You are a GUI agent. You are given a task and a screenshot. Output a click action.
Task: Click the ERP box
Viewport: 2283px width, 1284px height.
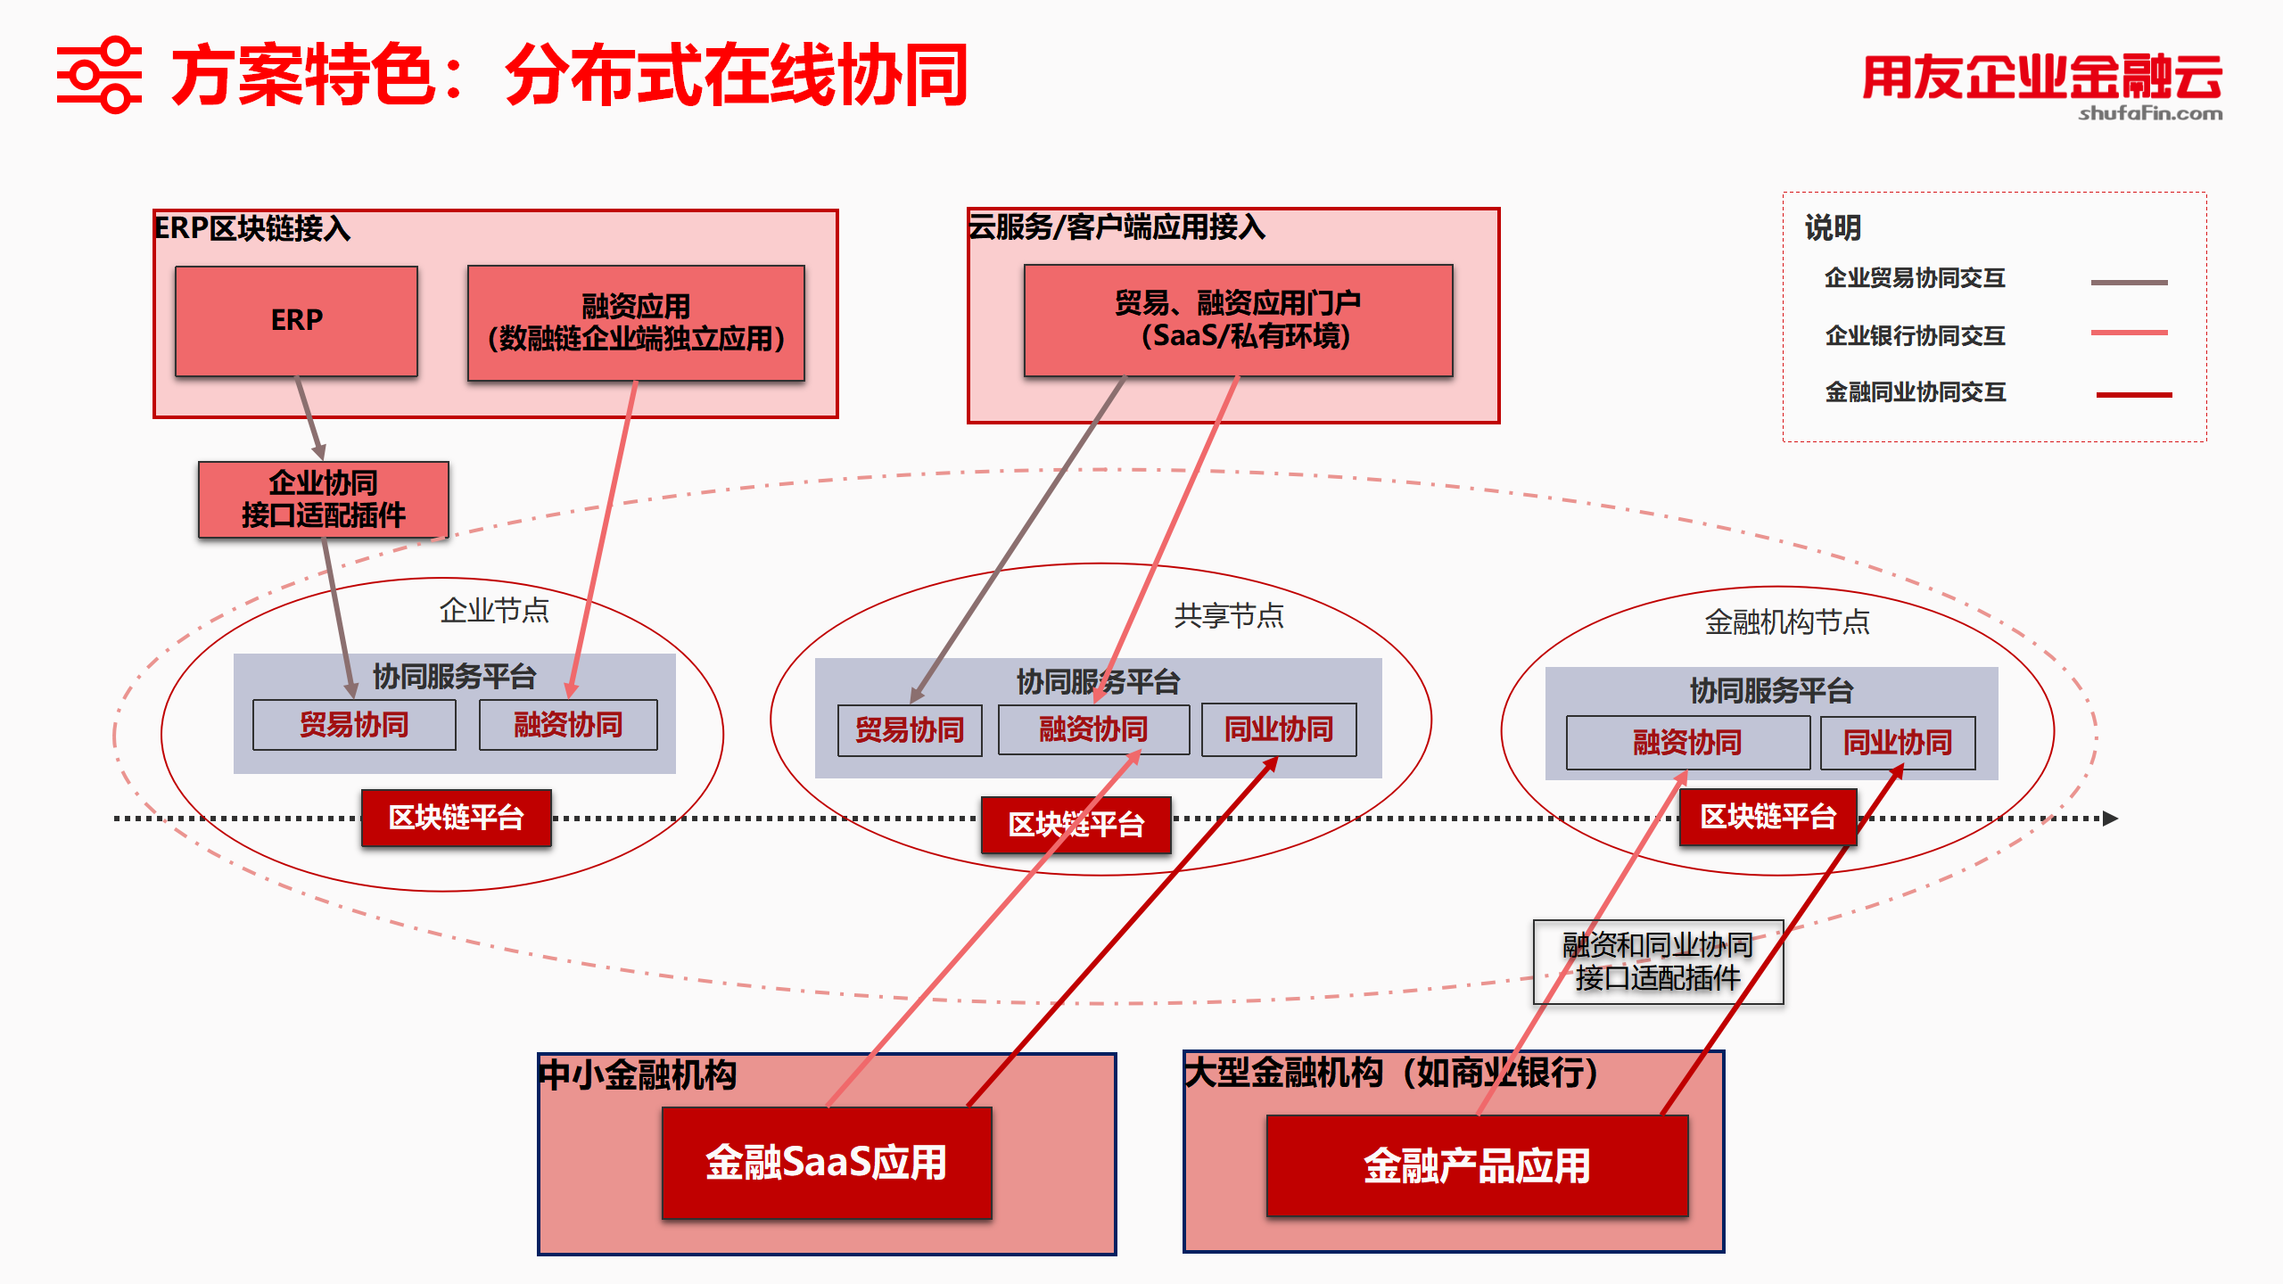click(296, 321)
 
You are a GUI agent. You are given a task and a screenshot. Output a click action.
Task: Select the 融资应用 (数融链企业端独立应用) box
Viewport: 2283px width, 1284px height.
click(636, 323)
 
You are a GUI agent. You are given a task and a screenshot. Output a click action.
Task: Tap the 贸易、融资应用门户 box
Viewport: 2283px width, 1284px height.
click(1238, 320)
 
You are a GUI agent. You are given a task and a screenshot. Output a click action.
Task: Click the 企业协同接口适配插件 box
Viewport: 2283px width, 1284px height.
click(323, 499)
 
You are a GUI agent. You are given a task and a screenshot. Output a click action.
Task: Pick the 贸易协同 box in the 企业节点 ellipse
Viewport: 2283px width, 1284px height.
click(354, 725)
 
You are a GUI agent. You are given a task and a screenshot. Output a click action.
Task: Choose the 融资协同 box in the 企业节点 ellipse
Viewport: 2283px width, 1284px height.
click(568, 725)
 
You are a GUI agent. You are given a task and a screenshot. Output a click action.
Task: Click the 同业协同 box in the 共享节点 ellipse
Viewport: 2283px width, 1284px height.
click(1279, 730)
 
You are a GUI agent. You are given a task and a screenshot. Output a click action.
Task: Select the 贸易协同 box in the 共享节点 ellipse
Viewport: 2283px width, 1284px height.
click(910, 730)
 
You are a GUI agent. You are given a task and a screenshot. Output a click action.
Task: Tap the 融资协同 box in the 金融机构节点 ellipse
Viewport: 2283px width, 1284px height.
click(1687, 743)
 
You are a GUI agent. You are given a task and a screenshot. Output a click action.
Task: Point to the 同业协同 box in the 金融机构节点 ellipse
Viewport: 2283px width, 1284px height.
click(1898, 743)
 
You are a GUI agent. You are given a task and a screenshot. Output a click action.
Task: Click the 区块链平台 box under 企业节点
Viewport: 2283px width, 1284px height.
click(456, 818)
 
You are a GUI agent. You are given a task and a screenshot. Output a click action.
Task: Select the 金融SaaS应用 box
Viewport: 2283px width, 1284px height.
click(826, 1163)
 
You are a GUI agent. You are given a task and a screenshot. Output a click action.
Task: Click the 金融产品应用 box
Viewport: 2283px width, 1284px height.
click(1477, 1166)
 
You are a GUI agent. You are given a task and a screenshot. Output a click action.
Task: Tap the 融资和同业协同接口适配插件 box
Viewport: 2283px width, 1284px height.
click(1658, 962)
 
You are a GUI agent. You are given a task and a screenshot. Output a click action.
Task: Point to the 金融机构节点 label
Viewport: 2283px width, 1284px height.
click(1787, 621)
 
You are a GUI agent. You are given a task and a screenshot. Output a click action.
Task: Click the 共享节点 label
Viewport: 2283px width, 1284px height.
click(1229, 615)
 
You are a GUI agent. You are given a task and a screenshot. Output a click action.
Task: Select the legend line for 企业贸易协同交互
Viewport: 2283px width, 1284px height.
click(2129, 283)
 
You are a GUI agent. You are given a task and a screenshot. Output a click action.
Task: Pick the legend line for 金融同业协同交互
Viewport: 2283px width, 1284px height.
click(2133, 394)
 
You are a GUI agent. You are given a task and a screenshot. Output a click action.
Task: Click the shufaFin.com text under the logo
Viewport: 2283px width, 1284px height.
click(2150, 113)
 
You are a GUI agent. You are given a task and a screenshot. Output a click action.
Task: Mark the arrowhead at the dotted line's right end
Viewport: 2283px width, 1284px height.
click(2110, 819)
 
